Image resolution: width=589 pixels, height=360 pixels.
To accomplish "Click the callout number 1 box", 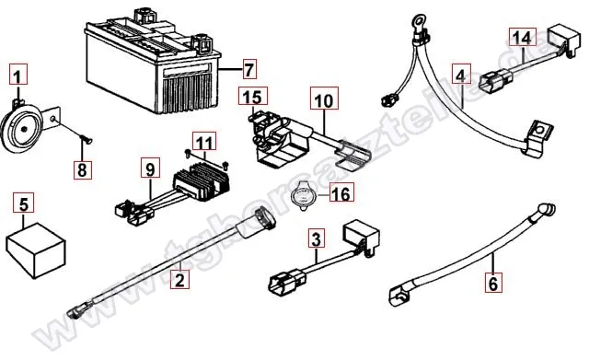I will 20,72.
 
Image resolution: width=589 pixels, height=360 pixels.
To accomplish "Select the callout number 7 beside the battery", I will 248,69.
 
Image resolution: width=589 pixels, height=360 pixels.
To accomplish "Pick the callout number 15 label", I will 252,98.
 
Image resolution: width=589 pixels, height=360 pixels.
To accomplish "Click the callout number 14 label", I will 521,38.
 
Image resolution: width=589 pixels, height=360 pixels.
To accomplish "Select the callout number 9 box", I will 147,168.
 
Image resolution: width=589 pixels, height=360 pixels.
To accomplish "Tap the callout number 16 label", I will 341,193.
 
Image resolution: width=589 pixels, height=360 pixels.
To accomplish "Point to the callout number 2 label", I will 180,276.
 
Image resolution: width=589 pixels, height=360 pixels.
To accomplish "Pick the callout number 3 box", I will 316,240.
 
